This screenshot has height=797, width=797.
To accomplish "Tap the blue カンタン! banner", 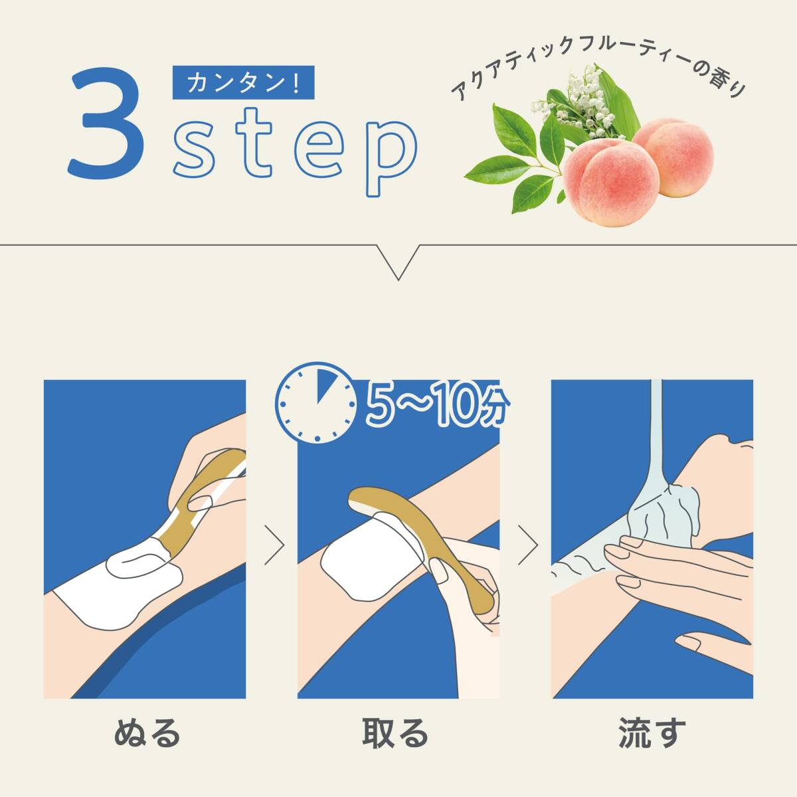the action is [243, 82].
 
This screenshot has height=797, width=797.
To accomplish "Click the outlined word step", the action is [295, 151].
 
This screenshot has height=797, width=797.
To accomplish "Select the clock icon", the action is [317, 403].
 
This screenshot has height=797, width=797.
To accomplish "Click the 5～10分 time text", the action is [438, 403].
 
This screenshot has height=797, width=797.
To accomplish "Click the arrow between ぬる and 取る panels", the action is [275, 545].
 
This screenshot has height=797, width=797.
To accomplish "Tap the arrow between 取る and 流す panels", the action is [528, 545].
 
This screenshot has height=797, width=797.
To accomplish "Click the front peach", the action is [611, 183].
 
